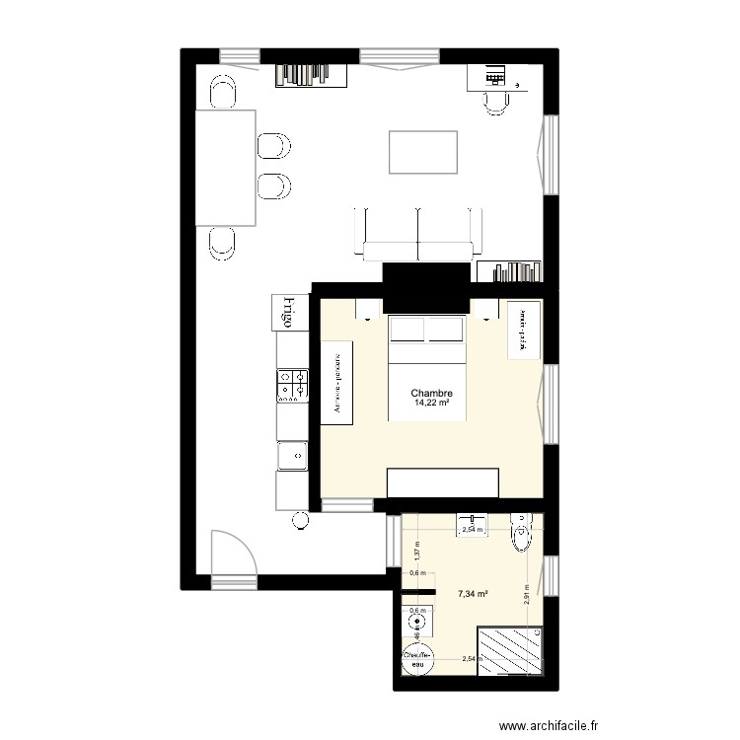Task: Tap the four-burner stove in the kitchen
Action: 292,386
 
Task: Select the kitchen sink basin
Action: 292,455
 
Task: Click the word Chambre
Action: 432,393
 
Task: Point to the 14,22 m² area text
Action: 432,404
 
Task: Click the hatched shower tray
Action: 509,650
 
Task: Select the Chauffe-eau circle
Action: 415,658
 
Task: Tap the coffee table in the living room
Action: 423,152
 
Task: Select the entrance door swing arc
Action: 234,550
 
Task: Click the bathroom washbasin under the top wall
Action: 472,525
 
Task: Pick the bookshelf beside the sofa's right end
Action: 509,271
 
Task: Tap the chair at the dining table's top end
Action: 223,93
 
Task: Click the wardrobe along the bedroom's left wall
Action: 336,383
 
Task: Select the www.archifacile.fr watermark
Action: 549,725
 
